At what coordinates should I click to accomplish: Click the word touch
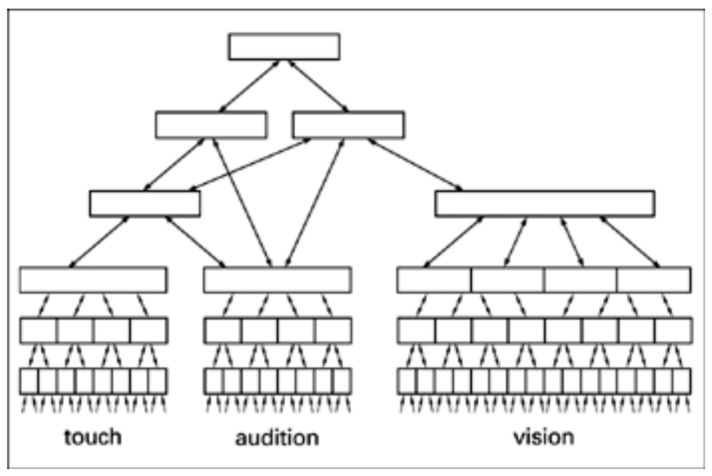[93, 437]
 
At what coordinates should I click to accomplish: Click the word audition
[277, 437]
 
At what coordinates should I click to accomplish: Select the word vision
[544, 437]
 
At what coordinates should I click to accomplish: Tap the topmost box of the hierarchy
[284, 46]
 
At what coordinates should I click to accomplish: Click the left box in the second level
[211, 125]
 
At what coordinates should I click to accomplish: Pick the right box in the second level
[349, 125]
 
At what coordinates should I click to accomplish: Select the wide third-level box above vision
[544, 203]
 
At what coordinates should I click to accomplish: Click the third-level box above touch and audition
[145, 203]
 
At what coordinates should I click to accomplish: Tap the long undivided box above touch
[93, 280]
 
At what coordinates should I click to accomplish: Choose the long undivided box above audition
[277, 280]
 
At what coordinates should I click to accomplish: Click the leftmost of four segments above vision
[434, 280]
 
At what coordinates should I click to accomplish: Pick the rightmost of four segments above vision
[653, 280]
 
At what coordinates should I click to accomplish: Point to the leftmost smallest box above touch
[29, 380]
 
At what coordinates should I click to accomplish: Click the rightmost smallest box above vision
[682, 380]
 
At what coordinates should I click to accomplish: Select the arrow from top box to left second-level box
[248, 85]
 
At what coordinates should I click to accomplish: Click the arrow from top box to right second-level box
[319, 85]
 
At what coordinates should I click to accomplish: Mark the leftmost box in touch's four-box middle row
[39, 330]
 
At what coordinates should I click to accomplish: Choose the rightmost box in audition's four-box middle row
[332, 330]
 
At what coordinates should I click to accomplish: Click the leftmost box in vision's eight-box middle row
[416, 330]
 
